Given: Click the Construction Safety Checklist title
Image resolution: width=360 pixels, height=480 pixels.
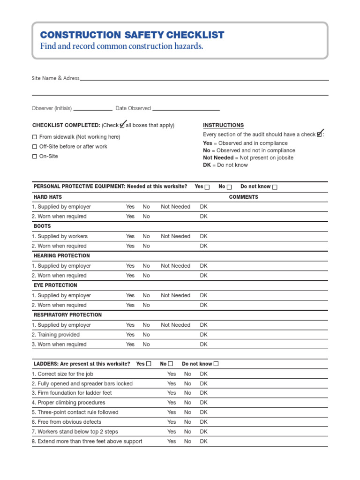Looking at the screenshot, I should click(132, 35).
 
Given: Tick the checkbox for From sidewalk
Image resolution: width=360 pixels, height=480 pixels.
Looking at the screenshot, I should click(34, 137).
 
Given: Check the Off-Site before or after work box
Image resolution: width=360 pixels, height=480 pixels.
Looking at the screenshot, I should click(34, 147).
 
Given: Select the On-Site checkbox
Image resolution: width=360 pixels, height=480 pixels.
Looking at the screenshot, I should click(34, 157).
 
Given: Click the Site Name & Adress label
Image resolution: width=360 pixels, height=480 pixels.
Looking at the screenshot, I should click(55, 78).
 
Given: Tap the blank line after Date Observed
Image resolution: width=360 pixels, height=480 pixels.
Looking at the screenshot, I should click(186, 109).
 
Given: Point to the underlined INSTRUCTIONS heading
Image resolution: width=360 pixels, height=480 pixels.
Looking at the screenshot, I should click(223, 125).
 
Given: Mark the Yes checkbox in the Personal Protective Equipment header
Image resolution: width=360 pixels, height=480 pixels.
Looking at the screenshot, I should click(207, 187).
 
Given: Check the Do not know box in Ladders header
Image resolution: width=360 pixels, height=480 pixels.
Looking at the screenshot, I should click(216, 364).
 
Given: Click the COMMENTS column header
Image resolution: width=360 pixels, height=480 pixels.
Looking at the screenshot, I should click(243, 197).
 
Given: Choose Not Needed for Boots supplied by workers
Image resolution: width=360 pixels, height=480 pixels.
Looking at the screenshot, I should click(175, 236).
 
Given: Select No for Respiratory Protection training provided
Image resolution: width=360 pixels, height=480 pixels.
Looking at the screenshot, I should click(146, 335).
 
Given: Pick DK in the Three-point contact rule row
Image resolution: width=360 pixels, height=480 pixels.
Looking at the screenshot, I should click(203, 412).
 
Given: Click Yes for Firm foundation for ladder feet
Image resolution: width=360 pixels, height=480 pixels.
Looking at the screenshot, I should click(172, 393).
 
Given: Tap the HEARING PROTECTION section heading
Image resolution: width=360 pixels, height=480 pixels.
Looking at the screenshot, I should click(61, 256).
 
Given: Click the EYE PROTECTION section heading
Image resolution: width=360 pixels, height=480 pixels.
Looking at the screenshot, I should click(55, 285).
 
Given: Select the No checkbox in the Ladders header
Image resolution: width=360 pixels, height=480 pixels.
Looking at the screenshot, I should click(171, 364).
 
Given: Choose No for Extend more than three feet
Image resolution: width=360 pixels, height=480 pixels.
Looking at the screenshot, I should click(187, 442).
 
